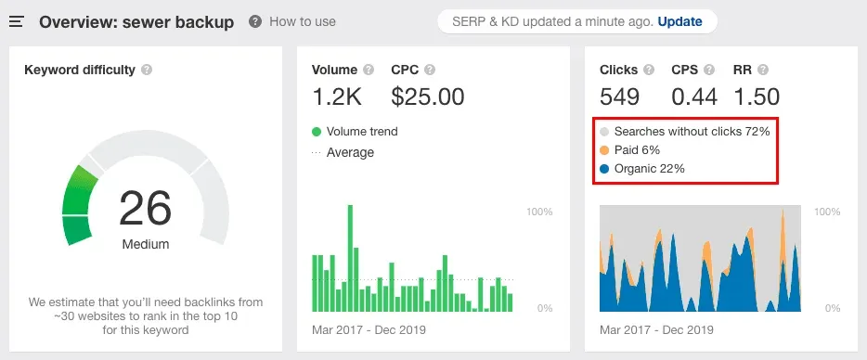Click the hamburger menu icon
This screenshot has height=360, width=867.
tap(16, 21)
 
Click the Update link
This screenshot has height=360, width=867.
tap(679, 21)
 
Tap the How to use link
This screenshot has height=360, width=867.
tap(302, 21)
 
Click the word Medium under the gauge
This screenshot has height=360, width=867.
tap(146, 244)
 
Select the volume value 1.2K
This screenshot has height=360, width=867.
tap(337, 96)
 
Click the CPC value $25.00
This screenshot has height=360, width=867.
tap(428, 96)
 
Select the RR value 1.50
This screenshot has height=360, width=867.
tap(756, 96)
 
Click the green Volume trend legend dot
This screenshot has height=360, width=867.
tap(317, 132)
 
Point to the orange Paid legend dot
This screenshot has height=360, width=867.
tap(604, 150)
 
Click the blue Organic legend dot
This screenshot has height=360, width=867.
tap(604, 169)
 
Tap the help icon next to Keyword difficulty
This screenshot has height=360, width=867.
tap(148, 70)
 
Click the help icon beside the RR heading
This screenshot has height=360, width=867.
tap(764, 70)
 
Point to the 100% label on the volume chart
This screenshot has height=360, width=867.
tap(539, 212)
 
